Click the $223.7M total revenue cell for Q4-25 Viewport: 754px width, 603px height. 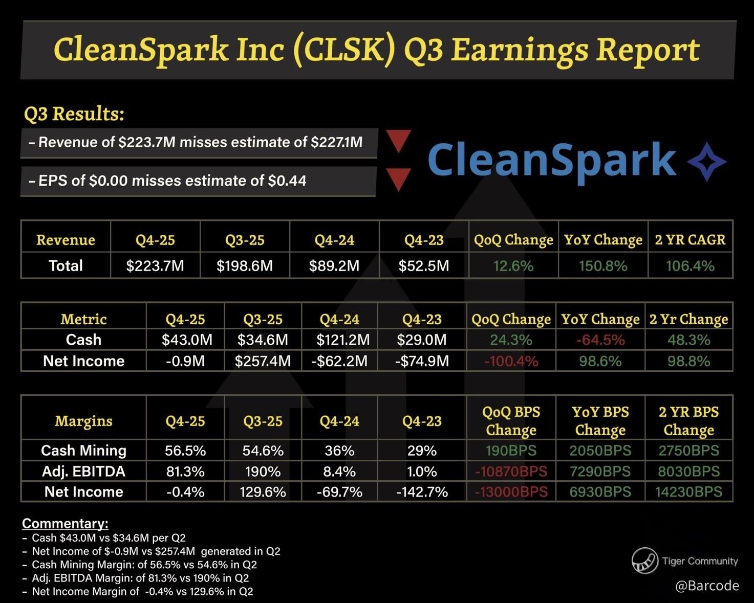pos(155,266)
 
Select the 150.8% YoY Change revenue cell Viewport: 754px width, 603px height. pos(603,266)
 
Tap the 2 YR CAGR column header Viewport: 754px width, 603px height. pos(690,240)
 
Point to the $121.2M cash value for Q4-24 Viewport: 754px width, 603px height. pos(339,340)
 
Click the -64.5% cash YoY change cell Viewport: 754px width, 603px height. pos(600,340)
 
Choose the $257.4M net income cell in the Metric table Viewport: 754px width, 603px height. pos(263,361)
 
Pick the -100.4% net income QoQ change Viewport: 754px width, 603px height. pos(511,361)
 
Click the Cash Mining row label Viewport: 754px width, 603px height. pos(83,451)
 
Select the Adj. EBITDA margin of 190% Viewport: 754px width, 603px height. pos(263,472)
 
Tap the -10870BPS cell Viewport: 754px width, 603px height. pos(511,472)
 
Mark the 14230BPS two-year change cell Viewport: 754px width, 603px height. pos(688,492)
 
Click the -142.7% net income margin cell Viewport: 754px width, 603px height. pos(422,492)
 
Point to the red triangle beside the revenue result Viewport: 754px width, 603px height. pos(399,140)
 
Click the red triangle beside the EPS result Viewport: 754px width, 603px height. pos(399,179)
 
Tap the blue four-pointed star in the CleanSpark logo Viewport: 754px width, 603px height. pos(707,162)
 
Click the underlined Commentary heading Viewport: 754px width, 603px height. pos(65,523)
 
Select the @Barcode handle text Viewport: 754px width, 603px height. pos(707,586)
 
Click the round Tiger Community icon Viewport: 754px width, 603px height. pos(644,561)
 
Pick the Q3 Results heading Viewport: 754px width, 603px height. pos(74,114)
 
